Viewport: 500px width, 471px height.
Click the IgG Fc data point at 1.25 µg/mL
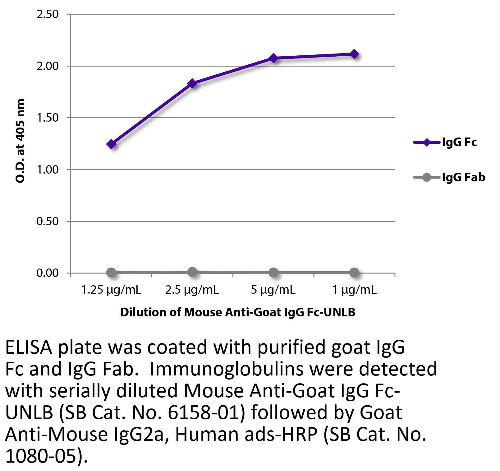click(111, 144)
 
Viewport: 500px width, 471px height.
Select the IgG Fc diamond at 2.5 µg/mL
click(192, 83)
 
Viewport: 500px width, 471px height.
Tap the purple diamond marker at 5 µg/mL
click(273, 58)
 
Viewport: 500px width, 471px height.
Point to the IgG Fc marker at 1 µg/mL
click(354, 54)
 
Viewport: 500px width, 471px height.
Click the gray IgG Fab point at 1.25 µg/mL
click(111, 273)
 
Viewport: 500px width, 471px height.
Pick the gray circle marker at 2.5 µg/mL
click(192, 272)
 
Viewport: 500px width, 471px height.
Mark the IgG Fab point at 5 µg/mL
click(273, 273)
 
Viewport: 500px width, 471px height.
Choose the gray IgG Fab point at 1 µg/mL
click(354, 273)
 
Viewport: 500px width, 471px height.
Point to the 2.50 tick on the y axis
click(48, 14)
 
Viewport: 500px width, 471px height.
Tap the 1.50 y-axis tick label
click(48, 118)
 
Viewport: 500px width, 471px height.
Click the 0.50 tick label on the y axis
click(48, 222)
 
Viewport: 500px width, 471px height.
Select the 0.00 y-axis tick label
click(48, 273)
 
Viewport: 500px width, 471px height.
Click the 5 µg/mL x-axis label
click(273, 290)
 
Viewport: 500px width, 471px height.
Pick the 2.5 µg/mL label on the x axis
click(192, 290)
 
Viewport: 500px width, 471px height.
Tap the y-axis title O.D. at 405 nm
click(20, 141)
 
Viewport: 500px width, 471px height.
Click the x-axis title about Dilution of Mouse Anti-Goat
click(238, 312)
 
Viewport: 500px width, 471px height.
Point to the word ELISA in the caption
click(29, 347)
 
